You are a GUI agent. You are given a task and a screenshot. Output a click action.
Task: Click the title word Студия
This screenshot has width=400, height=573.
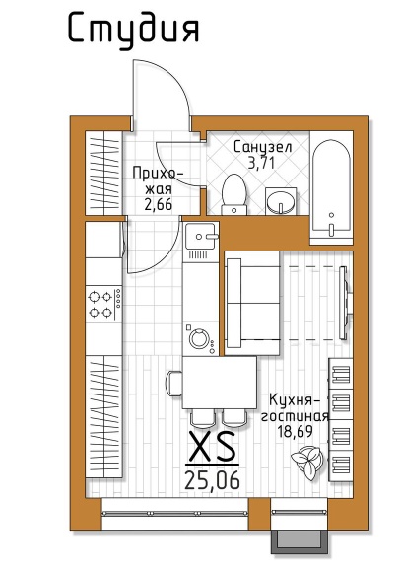point(134,30)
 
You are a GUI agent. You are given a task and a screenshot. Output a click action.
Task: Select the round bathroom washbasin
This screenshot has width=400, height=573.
point(280,201)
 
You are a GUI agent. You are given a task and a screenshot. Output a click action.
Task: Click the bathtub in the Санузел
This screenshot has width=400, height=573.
point(331,187)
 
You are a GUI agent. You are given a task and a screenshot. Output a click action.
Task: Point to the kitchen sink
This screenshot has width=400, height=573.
point(200,237)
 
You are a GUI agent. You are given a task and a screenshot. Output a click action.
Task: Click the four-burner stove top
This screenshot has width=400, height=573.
point(103,304)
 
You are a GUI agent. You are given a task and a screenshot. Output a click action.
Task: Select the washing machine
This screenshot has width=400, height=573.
point(200,338)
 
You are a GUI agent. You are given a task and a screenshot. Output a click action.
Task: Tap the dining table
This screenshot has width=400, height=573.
point(220,383)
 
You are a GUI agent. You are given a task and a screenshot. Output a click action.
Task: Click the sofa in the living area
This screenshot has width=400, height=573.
point(252,303)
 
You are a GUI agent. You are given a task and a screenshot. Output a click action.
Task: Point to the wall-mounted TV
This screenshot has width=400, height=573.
point(345,303)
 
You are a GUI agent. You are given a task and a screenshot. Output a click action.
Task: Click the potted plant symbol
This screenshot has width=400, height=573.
point(307,463)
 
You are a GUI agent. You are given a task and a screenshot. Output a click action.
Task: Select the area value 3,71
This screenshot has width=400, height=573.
point(261,163)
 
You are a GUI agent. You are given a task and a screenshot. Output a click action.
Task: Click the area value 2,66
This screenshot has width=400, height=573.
point(158,205)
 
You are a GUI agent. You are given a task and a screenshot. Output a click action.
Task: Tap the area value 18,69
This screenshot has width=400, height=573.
point(295,432)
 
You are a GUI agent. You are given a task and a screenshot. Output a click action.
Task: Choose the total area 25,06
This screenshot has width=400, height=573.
point(212,480)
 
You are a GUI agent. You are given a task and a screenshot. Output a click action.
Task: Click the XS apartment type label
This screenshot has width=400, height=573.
point(213,446)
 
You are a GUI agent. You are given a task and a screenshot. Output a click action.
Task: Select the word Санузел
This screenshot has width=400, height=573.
point(262,147)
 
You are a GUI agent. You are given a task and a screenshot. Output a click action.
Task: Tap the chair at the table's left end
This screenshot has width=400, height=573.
point(173,383)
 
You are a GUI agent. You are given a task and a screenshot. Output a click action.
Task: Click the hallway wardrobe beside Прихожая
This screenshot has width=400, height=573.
point(103,173)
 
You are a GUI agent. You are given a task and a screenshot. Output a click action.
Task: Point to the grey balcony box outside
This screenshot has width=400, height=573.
point(299,541)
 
